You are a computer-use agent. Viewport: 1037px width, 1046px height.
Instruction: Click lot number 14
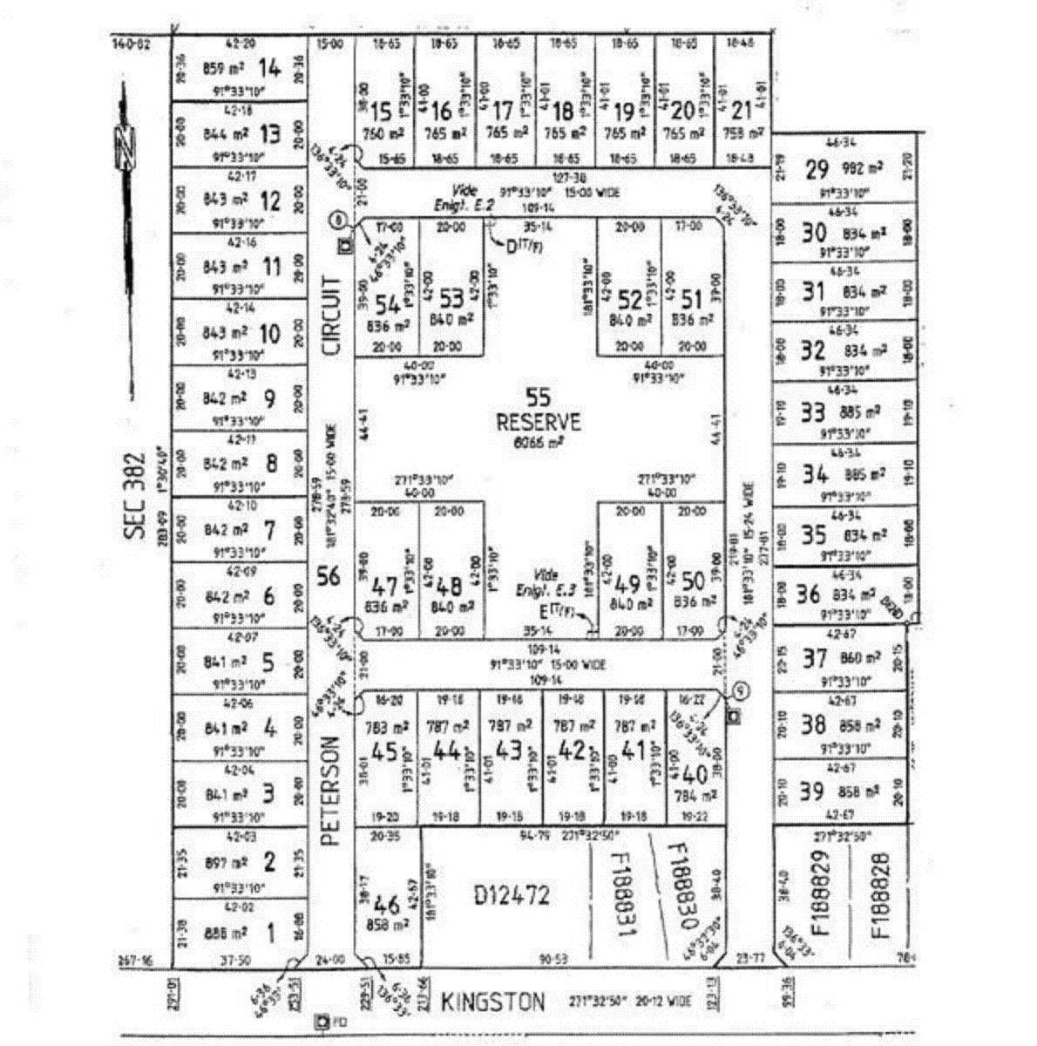pyautogui.click(x=271, y=68)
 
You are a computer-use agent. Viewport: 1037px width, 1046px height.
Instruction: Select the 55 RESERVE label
pyautogui.click(x=539, y=411)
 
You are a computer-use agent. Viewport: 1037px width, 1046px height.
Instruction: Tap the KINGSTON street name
pyautogui.click(x=493, y=1002)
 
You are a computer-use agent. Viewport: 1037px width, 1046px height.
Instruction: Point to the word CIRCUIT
pyautogui.click(x=332, y=315)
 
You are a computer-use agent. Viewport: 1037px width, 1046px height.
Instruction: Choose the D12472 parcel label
pyautogui.click(x=512, y=894)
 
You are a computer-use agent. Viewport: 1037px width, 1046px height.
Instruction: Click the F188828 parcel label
pyautogui.click(x=881, y=895)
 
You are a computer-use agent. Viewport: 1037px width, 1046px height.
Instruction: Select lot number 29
pyautogui.click(x=817, y=169)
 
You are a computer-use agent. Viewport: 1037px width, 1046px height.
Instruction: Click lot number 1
pyautogui.click(x=270, y=934)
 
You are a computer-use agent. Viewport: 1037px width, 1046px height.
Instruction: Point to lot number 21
pyautogui.click(x=741, y=111)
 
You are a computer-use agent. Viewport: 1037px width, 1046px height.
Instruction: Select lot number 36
pyautogui.click(x=809, y=594)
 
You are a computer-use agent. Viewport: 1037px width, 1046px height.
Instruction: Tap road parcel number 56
pyautogui.click(x=329, y=575)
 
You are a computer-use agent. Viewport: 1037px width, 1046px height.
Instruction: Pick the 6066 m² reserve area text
pyautogui.click(x=539, y=443)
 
